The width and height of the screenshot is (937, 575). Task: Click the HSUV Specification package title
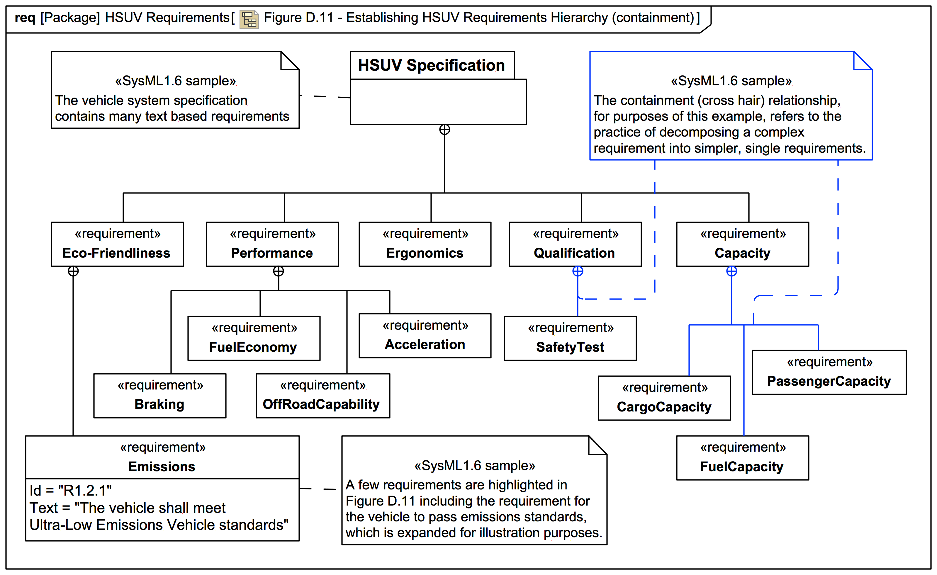coord(431,65)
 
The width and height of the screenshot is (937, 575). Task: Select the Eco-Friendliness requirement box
coord(117,244)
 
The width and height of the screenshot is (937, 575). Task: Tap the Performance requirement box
coord(272,244)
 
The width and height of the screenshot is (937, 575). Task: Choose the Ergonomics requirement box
coord(425,244)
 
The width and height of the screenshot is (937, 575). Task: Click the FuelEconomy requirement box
coord(254,338)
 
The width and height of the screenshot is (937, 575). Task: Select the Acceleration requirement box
coord(425,335)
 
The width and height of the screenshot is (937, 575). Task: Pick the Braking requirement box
coord(160,396)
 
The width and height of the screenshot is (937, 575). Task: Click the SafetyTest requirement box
coord(570,338)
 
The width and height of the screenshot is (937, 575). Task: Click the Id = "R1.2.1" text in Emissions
coord(71,491)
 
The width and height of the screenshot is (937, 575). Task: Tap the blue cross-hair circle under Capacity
coord(731,271)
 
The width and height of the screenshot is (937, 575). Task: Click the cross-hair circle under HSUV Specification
coord(444,130)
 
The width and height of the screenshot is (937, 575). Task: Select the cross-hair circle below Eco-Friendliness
coord(73,271)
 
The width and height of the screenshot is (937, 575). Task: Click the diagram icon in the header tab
coord(249,19)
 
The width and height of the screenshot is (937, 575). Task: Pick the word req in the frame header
coord(25,18)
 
